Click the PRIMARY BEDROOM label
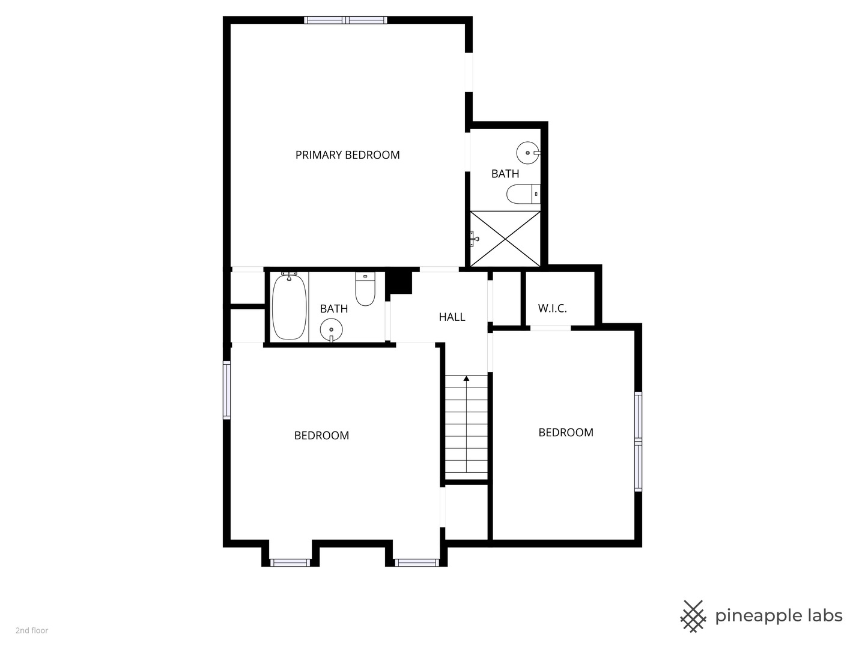point(347,155)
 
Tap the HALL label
point(452,317)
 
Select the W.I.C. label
point(552,308)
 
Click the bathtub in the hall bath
point(290,306)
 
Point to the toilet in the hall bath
point(365,289)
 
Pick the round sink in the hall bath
point(331,330)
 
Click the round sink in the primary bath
point(528,153)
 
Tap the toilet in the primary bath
point(523,194)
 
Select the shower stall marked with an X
point(505,239)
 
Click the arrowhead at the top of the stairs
point(467,379)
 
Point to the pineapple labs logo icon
point(693,617)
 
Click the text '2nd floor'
point(32,630)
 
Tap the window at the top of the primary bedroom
point(345,20)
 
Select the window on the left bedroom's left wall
point(226,390)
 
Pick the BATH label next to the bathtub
point(334,308)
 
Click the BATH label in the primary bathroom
point(505,174)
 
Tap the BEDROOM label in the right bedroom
point(566,433)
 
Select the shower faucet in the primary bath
point(474,239)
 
